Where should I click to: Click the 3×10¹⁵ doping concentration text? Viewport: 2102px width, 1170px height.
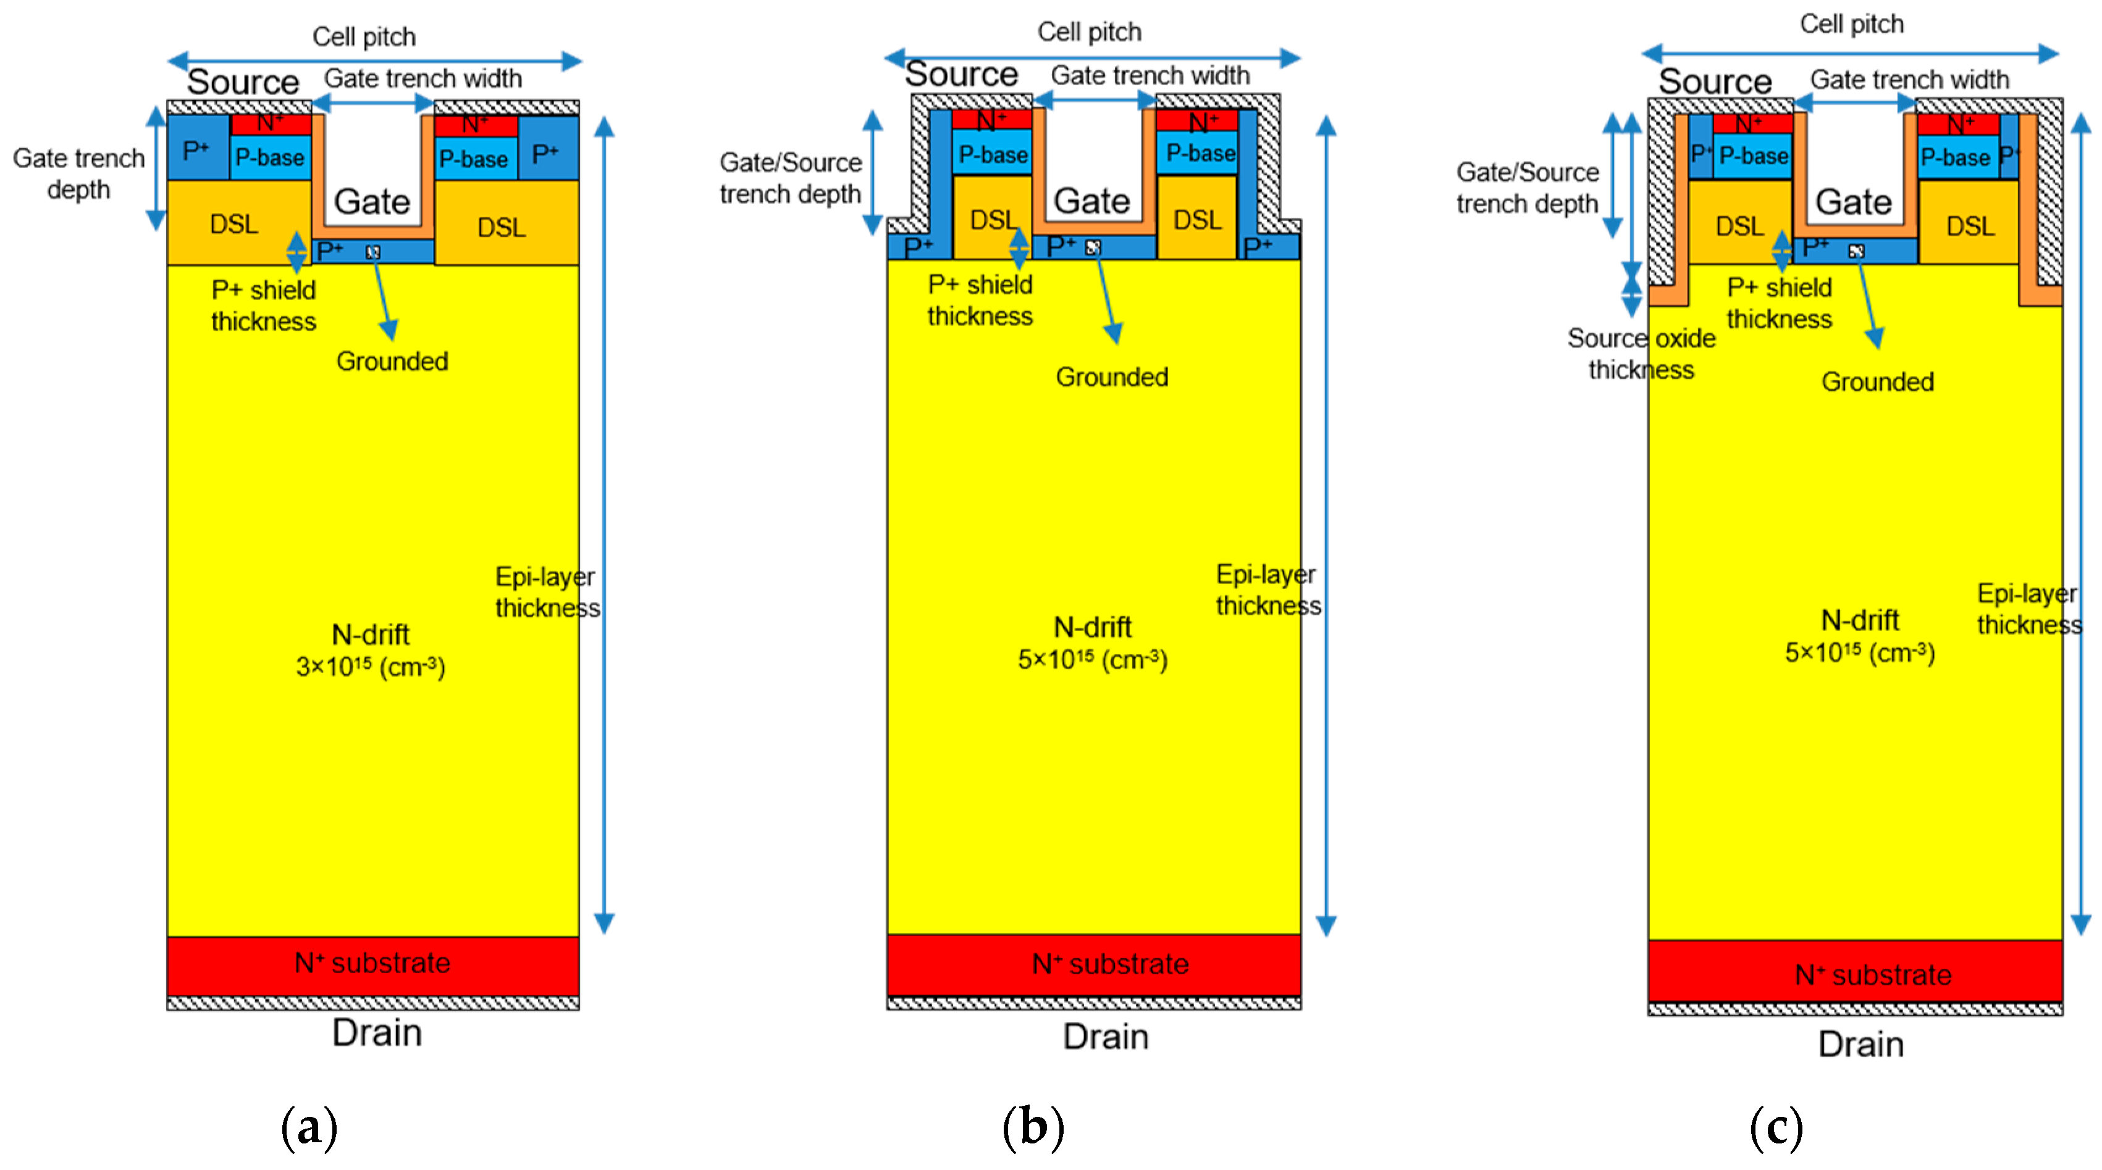pos(371,667)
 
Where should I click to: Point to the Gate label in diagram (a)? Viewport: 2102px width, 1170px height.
pos(372,201)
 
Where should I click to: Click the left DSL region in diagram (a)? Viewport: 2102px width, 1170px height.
pos(234,224)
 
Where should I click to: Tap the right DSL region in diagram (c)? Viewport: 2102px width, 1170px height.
pos(1970,226)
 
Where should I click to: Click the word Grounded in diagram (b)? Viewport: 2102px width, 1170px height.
pos(1111,377)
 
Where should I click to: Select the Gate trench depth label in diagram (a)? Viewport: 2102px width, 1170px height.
pos(78,173)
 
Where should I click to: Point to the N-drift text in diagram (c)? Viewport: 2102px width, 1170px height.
pos(1860,620)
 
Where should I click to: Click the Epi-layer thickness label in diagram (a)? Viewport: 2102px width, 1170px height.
pos(547,592)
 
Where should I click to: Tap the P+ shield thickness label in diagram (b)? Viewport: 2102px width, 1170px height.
pos(980,300)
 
